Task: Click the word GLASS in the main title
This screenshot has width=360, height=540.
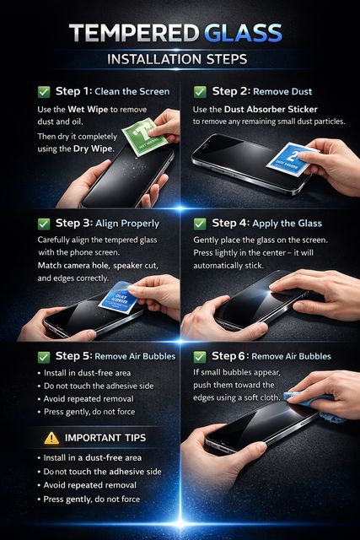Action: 244,34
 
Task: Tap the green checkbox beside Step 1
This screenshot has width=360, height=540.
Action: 44,92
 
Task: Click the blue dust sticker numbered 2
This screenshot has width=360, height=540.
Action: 293,159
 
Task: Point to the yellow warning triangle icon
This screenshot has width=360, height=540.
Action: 51,438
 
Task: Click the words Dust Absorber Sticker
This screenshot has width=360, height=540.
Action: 271,110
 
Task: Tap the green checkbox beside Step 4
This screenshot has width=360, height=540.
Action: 200,224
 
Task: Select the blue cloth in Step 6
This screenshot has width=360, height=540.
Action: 315,407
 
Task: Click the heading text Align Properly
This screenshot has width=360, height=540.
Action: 127,224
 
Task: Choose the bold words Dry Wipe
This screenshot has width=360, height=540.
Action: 93,149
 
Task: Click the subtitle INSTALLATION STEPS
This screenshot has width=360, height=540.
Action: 177,59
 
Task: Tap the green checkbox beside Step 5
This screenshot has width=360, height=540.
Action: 44,357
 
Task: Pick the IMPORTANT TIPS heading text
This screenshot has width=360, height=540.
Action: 105,438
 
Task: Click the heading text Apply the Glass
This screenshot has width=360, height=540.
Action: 287,224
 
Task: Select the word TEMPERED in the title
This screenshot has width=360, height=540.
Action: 134,34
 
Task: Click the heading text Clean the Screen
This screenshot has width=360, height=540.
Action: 132,92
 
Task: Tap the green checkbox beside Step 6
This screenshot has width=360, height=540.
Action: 200,357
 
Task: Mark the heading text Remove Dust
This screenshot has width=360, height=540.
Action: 282,92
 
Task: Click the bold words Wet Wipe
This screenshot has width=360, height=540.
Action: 88,110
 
